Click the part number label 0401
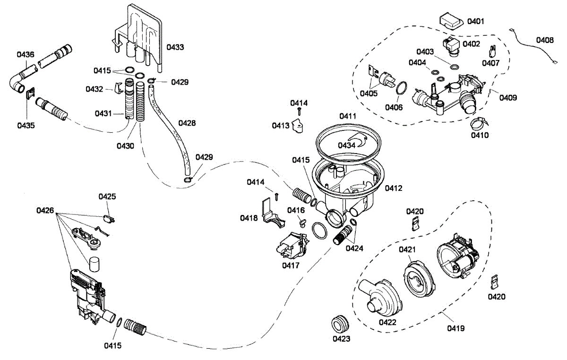click(476, 21)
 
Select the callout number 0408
click(545, 40)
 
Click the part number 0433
click(175, 47)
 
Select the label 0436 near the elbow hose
click(26, 54)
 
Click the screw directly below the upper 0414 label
click(300, 111)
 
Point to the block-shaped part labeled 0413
click(298, 126)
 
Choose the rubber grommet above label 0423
click(340, 324)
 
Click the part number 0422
click(387, 322)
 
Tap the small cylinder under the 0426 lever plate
click(94, 265)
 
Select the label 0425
click(107, 197)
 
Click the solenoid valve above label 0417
click(292, 246)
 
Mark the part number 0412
click(393, 188)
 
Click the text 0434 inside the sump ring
click(346, 146)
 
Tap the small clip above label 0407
click(492, 51)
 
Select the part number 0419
click(455, 328)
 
